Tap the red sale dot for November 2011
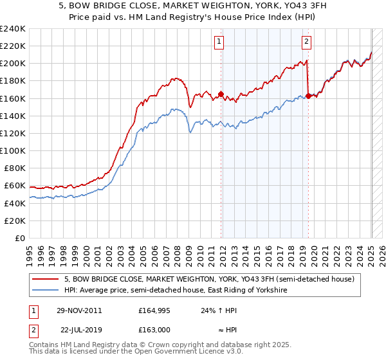tap(221, 94)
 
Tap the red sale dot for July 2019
tap(308, 96)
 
